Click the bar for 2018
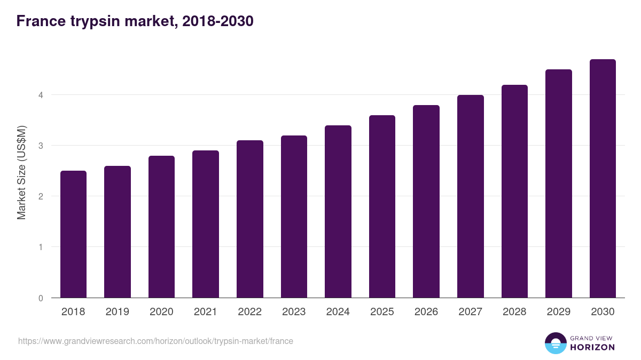tap(73, 234)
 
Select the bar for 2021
tap(206, 224)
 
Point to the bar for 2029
tap(559, 183)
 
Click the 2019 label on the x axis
tap(118, 312)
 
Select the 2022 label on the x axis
tap(249, 312)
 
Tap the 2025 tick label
tap(382, 312)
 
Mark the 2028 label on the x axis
tap(514, 312)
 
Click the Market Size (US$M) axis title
tap(21, 172)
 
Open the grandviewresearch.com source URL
tap(155, 341)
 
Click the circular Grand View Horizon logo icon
tap(556, 343)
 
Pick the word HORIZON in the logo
tap(592, 347)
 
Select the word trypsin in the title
tap(95, 21)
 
